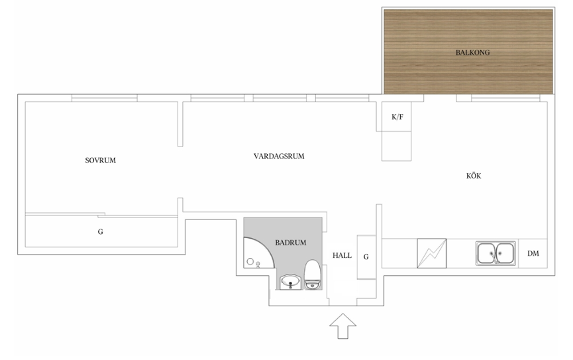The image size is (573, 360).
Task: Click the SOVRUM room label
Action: tap(101, 160)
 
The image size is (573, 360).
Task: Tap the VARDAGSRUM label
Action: tap(279, 156)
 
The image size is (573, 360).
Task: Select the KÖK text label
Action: tap(474, 176)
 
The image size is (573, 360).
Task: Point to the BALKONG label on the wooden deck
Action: tap(472, 52)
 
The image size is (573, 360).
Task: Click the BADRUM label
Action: tap(291, 243)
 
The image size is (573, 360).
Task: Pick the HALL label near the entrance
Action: tap(342, 255)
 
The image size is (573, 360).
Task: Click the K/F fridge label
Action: tap(397, 117)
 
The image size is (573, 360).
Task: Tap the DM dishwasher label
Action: tap(533, 253)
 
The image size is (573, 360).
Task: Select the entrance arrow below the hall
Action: tap(342, 326)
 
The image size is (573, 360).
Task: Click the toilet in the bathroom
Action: tap(313, 274)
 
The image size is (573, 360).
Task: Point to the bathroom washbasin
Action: tap(291, 282)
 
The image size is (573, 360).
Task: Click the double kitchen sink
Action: tap(496, 253)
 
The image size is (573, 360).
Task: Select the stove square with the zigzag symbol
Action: tap(432, 253)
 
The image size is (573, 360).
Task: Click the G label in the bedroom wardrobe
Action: tap(101, 231)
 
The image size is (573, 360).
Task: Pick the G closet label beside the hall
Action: tap(366, 257)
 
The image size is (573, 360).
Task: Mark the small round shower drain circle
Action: tap(250, 261)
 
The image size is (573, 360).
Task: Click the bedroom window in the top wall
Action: tap(105, 98)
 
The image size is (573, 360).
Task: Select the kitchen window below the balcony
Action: tap(505, 98)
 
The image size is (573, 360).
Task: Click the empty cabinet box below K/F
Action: tap(397, 146)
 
